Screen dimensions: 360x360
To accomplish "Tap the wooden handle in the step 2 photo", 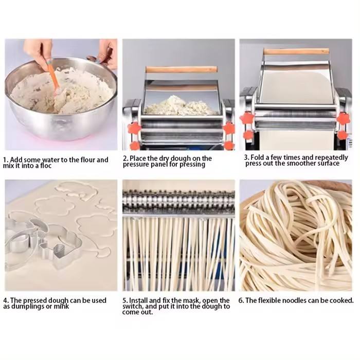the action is tap(181, 69).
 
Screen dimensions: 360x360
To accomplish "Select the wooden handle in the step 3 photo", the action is tap(296, 51).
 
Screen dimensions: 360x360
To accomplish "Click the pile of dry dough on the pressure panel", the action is tap(181, 106).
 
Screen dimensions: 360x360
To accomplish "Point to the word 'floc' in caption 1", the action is tap(46, 166).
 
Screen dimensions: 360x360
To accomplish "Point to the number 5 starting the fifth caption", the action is tap(124, 300).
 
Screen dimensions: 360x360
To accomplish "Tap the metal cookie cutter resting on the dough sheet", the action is tap(43, 243).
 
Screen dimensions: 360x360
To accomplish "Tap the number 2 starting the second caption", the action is tap(125, 158).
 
